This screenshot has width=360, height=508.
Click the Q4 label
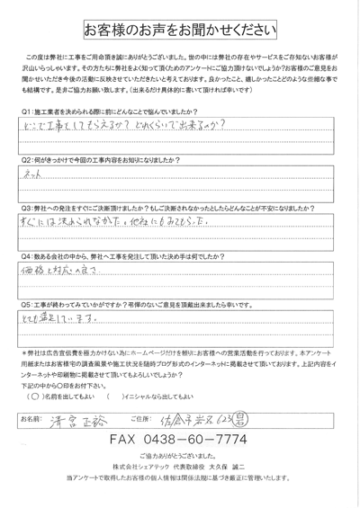click(x=24, y=255)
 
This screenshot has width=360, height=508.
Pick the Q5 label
click(x=24, y=305)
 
